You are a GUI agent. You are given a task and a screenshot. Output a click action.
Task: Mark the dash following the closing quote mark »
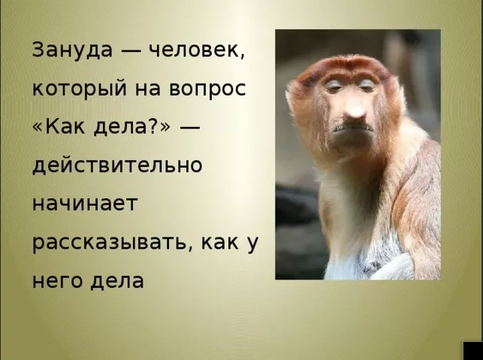pos(190,127)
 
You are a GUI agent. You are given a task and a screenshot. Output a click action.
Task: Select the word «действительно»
pos(117,165)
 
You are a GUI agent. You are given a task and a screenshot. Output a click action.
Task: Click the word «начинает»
pos(83,204)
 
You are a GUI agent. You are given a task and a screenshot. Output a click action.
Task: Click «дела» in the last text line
pos(118,281)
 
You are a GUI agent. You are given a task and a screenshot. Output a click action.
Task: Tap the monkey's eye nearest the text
pos(332,86)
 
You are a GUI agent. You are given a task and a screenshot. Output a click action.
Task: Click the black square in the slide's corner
pos(473,350)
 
